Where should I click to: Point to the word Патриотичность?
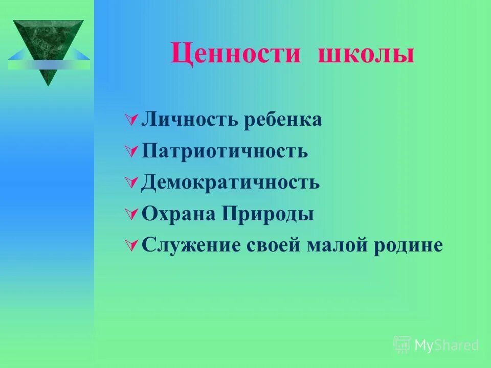(x=225, y=151)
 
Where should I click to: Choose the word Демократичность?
(x=230, y=182)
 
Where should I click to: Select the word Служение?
(x=190, y=245)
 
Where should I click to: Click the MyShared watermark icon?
(x=402, y=345)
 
